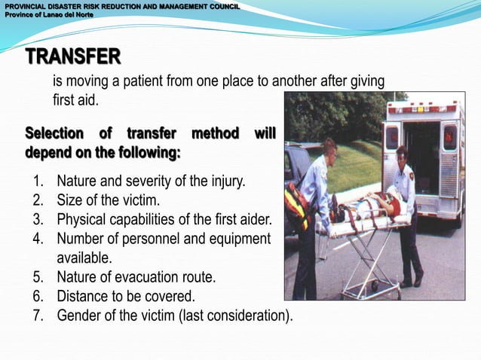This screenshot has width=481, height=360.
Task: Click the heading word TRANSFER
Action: point(73,56)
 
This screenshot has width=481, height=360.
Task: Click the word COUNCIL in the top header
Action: point(219,5)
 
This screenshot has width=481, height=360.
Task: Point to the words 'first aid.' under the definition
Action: point(75,100)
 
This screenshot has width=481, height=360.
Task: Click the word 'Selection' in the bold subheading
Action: point(54,134)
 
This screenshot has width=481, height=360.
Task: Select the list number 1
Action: point(39,182)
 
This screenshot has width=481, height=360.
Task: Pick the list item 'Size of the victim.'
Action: point(108,200)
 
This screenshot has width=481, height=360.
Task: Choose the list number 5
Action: point(39,277)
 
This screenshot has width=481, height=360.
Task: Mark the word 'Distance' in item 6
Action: point(83,296)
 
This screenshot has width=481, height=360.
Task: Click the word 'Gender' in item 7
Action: point(79,315)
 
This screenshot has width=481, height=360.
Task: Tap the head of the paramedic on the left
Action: point(329,146)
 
